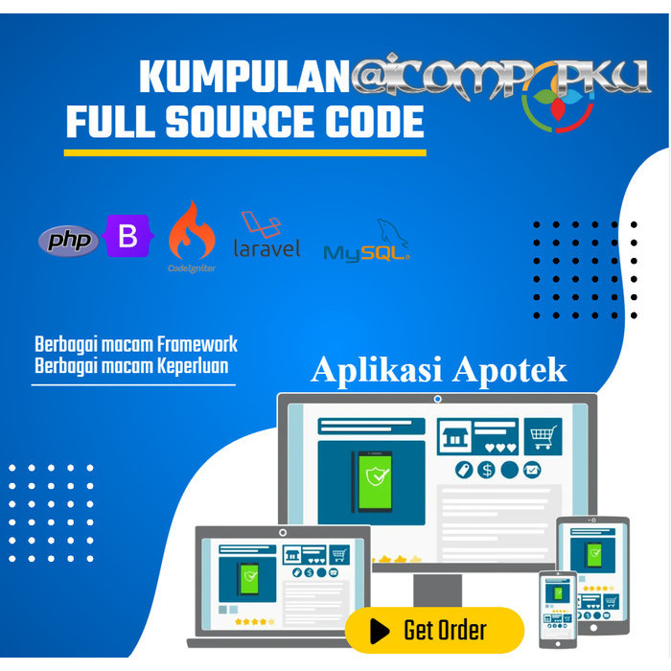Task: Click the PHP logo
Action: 68,241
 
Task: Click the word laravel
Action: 266,248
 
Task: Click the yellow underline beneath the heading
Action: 244,151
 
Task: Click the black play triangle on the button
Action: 380,630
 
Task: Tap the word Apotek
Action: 510,370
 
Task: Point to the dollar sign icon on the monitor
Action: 487,470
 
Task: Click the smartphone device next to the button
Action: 558,609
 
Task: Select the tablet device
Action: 592,566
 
